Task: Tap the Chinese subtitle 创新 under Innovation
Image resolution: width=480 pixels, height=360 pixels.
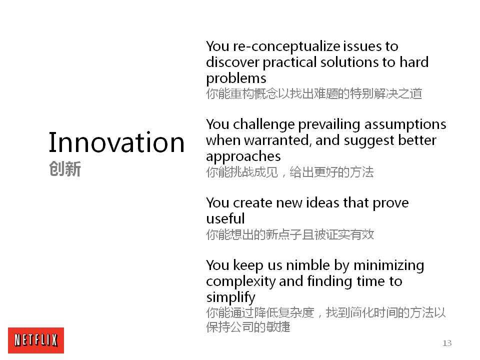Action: pos(65,169)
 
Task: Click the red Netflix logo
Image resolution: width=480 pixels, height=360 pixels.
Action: pos(36,340)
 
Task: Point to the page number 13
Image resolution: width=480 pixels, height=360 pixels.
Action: pos(447,343)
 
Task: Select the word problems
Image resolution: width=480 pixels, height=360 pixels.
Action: pos(236,78)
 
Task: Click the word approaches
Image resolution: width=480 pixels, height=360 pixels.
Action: pos(243,156)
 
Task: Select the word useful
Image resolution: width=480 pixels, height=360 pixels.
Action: pos(225,218)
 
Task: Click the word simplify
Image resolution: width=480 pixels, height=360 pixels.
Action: pos(230,297)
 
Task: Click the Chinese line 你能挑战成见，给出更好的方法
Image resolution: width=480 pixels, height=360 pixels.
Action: pos(290,172)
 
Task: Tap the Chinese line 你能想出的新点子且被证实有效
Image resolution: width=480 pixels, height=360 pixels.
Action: pos(290,234)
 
